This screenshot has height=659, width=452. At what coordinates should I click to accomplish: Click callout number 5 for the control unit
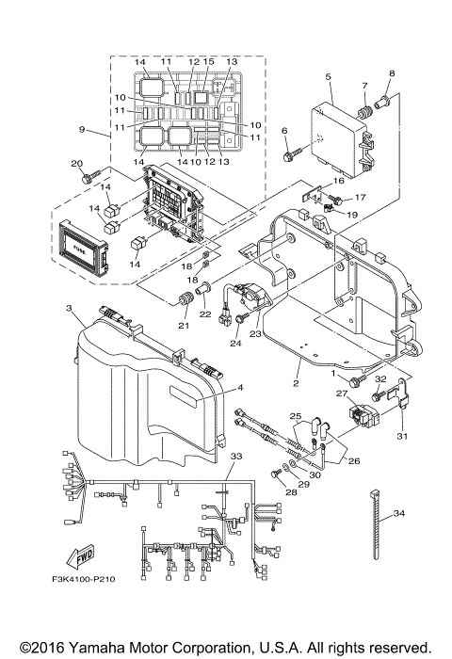tap(327, 76)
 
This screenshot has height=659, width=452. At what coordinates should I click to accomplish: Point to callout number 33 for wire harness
tap(235, 456)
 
